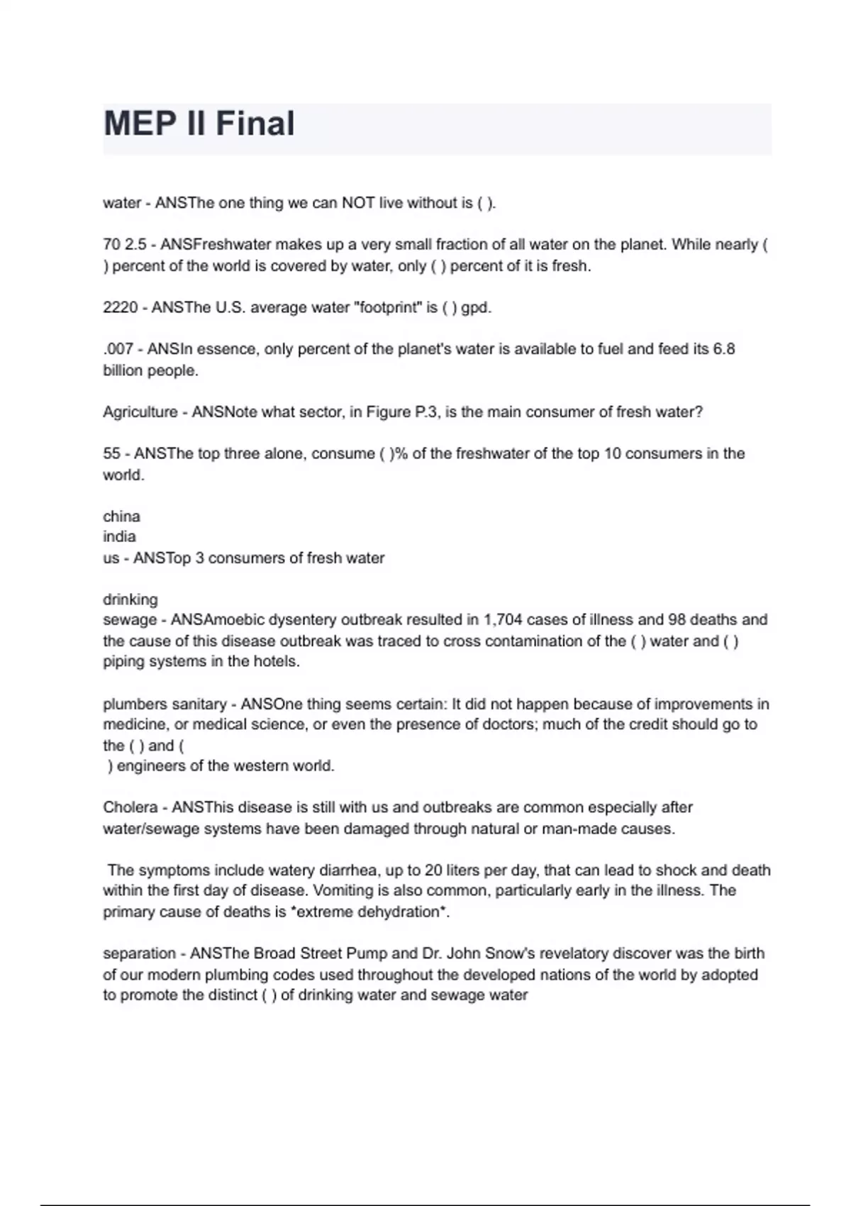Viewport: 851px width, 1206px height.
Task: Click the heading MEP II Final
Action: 199,123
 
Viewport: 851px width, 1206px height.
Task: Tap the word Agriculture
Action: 140,412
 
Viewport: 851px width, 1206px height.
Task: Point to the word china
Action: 121,516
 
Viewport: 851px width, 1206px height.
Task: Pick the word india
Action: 119,537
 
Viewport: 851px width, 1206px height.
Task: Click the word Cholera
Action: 130,807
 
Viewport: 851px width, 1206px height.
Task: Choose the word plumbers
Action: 135,704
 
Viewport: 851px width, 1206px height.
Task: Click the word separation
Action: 139,953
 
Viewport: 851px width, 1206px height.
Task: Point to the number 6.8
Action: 723,349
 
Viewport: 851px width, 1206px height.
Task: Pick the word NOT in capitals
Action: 358,204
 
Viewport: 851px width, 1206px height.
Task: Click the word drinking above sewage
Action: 130,599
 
